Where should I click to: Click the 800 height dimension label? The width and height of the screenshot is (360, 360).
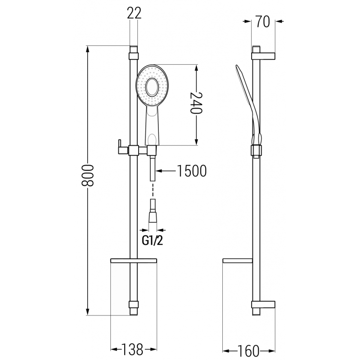click(89, 175)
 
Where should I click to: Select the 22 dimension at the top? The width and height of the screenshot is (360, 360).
click(134, 13)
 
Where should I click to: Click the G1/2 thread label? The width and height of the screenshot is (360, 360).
click(153, 241)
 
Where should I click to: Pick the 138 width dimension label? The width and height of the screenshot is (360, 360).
click(133, 349)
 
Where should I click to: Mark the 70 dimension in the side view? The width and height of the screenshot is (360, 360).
click(263, 21)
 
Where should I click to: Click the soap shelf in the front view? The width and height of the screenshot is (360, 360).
click(133, 261)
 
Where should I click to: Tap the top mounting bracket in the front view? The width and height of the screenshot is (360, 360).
click(134, 56)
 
